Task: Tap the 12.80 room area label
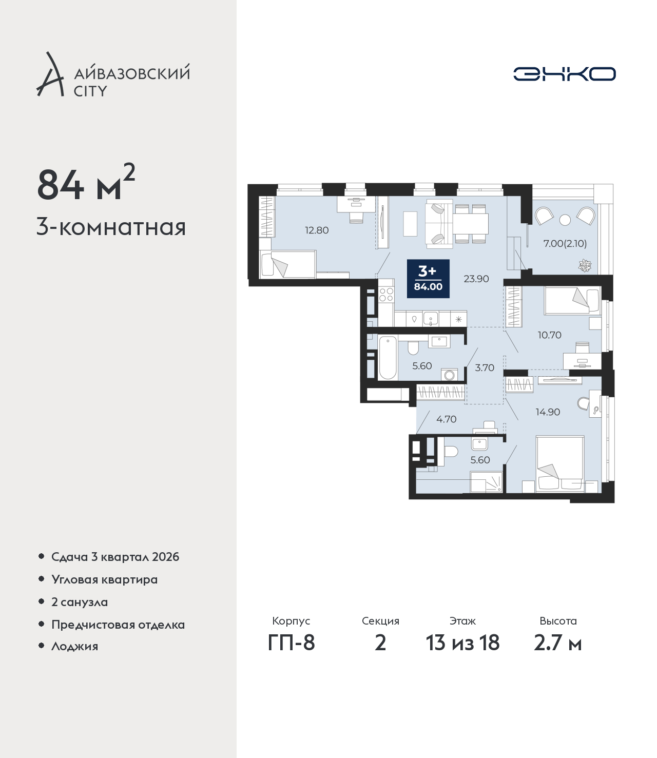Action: [x=317, y=230]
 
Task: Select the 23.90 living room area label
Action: [x=476, y=279]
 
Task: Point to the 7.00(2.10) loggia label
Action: [x=565, y=243]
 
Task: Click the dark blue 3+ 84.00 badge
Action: [x=428, y=278]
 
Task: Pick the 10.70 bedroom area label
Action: [x=550, y=335]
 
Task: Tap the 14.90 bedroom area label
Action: [x=548, y=412]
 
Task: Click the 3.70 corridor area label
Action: [x=485, y=367]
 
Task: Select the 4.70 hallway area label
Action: [x=446, y=419]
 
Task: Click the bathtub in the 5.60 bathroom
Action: [x=388, y=358]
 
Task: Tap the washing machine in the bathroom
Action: [x=449, y=375]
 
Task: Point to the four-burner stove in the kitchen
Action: [x=386, y=295]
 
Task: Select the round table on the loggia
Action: [x=565, y=220]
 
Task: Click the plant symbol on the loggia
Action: [x=585, y=265]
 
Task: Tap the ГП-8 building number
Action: [x=291, y=643]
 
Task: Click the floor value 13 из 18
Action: [x=462, y=643]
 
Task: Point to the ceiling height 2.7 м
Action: [x=557, y=643]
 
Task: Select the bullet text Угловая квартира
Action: [x=105, y=580]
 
